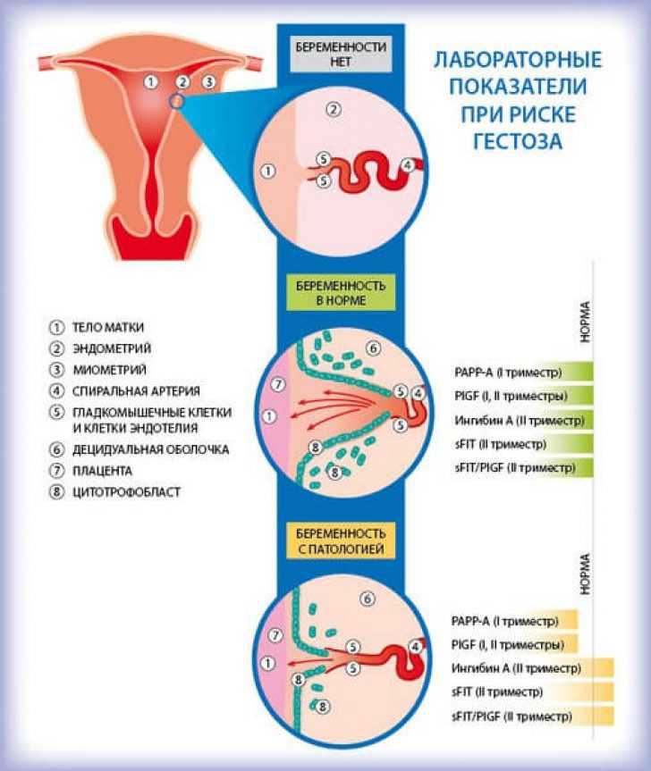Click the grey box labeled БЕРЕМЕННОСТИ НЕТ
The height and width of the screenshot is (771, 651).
341,54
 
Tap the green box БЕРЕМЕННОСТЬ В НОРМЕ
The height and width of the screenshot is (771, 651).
341,292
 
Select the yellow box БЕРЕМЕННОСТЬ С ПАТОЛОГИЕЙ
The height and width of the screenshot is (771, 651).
341,541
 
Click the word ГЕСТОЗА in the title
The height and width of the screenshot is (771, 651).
518,141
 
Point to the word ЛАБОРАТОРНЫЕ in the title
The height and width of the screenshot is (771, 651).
518,60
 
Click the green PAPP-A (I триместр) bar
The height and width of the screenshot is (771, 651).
523,373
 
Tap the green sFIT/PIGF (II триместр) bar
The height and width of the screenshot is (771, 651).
523,467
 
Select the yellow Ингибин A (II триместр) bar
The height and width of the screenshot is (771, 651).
532,668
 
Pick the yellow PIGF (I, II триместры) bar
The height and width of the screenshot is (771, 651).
513,644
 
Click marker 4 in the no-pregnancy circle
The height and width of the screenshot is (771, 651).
408,165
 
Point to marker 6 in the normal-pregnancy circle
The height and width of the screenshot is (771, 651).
374,348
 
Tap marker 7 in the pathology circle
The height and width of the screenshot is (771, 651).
275,635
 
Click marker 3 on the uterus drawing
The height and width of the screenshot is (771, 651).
209,81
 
